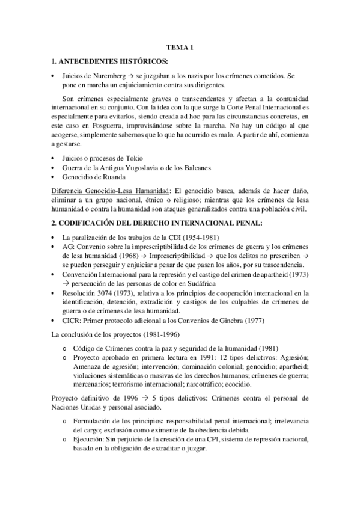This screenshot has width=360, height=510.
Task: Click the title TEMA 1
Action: coord(180,49)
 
